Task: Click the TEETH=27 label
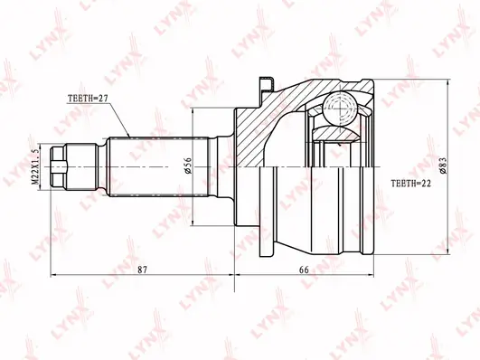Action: (83, 98)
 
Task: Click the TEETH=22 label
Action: (410, 184)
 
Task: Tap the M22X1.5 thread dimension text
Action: (35, 167)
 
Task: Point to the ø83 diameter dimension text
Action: (442, 166)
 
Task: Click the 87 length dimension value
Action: (142, 270)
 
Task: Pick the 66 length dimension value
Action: (304, 270)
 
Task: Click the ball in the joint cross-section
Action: (341, 109)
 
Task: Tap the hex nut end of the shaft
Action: (59, 167)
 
